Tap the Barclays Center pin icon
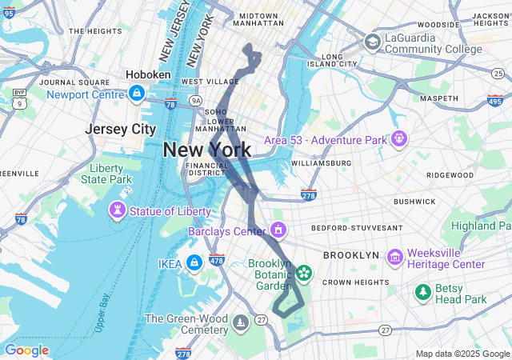[x=278, y=231]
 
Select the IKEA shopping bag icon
[x=194, y=262]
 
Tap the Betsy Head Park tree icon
[x=422, y=293]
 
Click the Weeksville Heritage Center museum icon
[x=394, y=258]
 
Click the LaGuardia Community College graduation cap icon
[x=373, y=42]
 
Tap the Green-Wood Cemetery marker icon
[x=241, y=323]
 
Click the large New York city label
[x=206, y=150]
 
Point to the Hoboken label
[x=148, y=74]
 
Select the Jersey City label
[x=120, y=129]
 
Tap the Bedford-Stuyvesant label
[x=362, y=228]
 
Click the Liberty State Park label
[x=106, y=174]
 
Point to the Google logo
[x=26, y=350]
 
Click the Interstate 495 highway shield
[x=494, y=100]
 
